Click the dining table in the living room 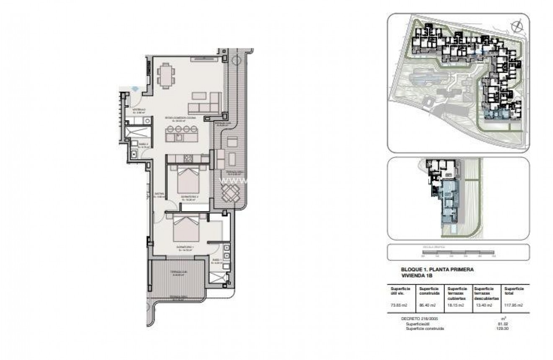pos(166,76)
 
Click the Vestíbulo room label pos(138,111)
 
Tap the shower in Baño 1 pos(218,277)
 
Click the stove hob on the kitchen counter pos(188,158)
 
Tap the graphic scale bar pos(458,252)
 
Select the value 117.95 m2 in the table pos(514,305)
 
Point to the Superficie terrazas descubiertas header pos(486,293)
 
